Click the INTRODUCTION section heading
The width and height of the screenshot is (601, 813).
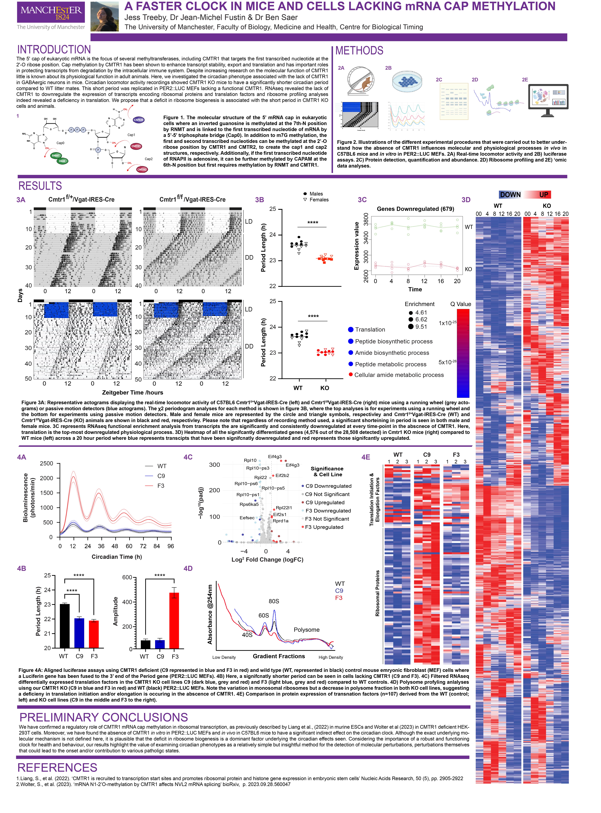[x=54, y=49]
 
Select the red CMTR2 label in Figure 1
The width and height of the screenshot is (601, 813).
[x=142, y=170]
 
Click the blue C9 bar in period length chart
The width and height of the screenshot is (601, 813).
[x=79, y=633]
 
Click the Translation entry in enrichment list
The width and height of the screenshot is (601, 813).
[x=370, y=330]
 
